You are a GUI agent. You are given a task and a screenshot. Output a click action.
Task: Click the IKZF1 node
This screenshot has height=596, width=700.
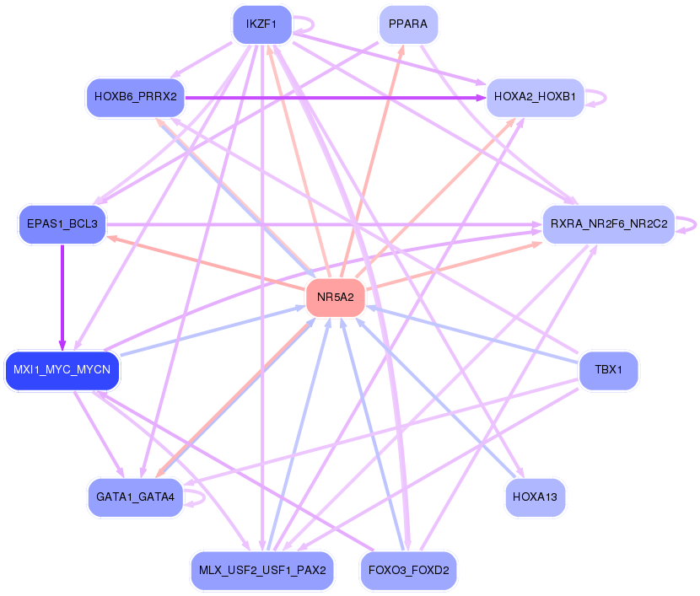coord(261,24)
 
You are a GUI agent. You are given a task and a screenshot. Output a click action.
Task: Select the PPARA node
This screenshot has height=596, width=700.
coord(408,24)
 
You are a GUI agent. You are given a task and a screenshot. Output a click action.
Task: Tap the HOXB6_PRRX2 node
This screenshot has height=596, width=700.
coord(135,97)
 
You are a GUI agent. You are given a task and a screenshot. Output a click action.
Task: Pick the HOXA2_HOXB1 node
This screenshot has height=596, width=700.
coord(535,97)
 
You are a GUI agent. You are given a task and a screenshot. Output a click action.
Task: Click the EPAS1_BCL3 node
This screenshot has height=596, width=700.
coord(62,225)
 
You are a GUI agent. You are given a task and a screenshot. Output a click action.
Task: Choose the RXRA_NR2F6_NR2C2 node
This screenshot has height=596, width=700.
coord(608,225)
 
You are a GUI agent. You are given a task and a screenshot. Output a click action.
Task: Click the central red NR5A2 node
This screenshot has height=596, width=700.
coord(335,298)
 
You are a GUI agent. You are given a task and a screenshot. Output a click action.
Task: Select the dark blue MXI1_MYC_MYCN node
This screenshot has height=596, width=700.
coord(62,370)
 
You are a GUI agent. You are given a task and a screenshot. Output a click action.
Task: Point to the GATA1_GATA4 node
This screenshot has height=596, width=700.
coord(135,497)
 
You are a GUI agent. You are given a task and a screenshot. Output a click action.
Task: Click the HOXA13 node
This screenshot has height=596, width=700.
coord(535,497)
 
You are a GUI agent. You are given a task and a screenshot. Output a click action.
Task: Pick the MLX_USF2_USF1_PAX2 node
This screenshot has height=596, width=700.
coord(262,571)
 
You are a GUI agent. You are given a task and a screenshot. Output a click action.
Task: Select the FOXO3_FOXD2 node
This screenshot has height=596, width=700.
coord(408,571)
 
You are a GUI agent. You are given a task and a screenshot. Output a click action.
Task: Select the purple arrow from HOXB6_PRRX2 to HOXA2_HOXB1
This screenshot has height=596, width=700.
coord(337,97)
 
